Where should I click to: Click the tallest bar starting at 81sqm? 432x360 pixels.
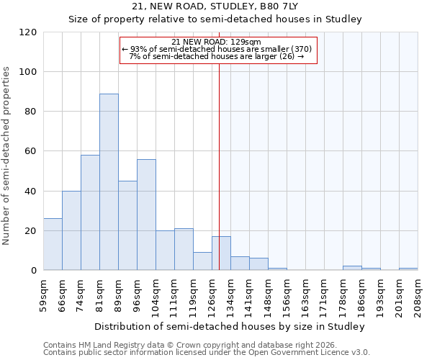click(x=109, y=182)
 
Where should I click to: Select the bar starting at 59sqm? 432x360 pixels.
click(x=53, y=245)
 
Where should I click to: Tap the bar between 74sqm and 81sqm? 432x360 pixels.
click(x=90, y=213)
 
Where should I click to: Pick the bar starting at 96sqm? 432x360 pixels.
click(x=146, y=215)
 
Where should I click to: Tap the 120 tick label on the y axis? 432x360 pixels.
click(x=28, y=32)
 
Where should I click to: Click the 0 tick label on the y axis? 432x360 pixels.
click(x=34, y=271)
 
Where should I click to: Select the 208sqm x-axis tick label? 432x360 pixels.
click(x=418, y=294)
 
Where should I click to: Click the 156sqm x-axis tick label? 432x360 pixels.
click(x=287, y=294)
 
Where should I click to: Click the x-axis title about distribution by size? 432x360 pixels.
click(x=230, y=326)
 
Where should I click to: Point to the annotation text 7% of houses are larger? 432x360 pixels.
click(x=217, y=56)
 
